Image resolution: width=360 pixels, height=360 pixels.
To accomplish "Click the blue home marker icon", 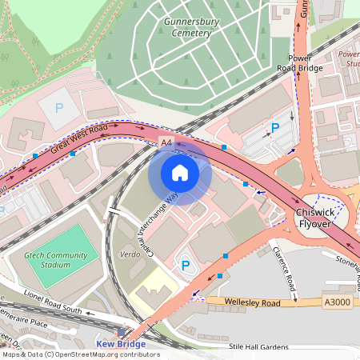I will point(180,172).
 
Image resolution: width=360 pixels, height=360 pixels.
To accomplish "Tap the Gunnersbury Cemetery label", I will point(186,27).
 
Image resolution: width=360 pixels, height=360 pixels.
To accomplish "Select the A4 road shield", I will point(166,142).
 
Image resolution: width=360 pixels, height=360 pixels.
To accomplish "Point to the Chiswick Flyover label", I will point(319,218).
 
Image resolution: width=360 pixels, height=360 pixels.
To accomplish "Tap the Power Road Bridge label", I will point(310,63).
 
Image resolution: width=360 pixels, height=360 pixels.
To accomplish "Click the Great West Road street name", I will point(78,137).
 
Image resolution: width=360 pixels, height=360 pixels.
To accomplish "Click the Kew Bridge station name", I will point(121,344).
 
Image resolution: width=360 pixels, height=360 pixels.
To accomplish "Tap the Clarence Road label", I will point(284,267).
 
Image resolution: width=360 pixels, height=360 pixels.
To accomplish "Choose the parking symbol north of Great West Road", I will point(58,106).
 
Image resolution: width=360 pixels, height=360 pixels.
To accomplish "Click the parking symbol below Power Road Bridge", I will point(275,128).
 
